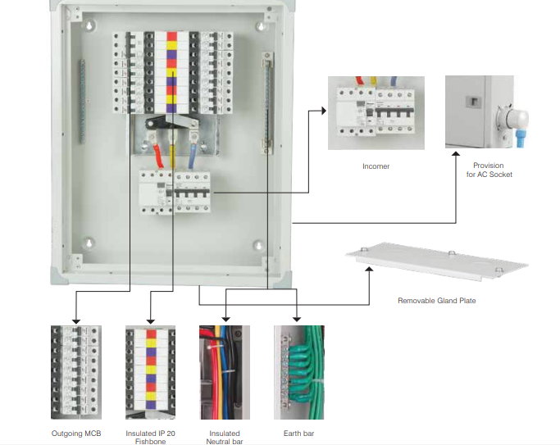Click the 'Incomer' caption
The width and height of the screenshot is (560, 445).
(x=376, y=166)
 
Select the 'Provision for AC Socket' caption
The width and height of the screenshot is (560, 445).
(x=489, y=170)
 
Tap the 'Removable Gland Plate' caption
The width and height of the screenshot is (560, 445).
(x=436, y=301)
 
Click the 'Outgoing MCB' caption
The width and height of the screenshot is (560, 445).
(x=76, y=433)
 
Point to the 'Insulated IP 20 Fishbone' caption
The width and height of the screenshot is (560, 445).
(x=150, y=437)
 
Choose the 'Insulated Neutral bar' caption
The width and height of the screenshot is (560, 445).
(x=225, y=437)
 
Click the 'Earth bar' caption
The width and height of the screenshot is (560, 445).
(x=298, y=433)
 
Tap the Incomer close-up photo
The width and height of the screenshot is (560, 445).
(x=376, y=113)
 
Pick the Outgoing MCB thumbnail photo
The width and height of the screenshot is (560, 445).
(x=75, y=371)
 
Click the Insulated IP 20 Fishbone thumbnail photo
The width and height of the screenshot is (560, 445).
(x=150, y=371)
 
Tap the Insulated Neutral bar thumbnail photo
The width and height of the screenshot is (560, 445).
(x=224, y=371)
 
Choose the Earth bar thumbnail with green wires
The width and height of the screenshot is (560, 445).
(x=298, y=371)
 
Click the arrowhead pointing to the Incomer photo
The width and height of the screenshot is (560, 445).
(x=323, y=111)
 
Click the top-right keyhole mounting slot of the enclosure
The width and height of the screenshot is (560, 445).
(x=260, y=26)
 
